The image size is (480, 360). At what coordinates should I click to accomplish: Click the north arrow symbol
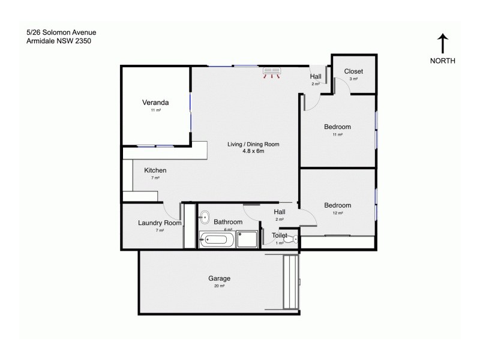(442, 43)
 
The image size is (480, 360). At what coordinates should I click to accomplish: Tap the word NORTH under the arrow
(443, 61)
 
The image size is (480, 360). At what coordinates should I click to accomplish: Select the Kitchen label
(155, 170)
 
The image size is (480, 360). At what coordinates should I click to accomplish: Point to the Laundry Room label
(159, 223)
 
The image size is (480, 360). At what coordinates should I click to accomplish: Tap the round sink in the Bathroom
(204, 217)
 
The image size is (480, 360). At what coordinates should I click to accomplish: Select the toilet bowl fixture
(290, 240)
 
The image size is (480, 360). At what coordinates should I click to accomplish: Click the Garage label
(219, 278)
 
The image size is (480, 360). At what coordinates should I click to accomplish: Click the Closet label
(353, 71)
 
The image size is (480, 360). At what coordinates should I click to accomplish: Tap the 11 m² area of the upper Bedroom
(337, 135)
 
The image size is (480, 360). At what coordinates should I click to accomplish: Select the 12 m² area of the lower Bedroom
(337, 213)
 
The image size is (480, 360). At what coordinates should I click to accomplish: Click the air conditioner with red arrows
(274, 73)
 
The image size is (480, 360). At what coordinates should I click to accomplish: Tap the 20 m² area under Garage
(219, 286)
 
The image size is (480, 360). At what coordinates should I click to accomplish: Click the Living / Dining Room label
(253, 144)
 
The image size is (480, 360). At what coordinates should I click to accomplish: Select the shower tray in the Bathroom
(247, 240)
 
